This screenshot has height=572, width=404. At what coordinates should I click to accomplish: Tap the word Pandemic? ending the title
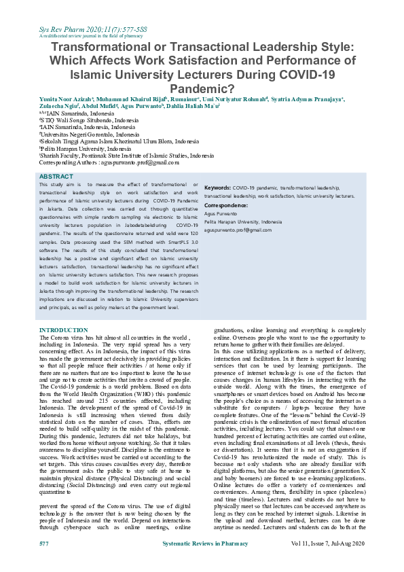coord(202,88)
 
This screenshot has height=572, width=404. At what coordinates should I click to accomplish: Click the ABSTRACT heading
coord(56,177)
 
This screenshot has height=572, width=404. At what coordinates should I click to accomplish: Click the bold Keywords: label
coord(217,187)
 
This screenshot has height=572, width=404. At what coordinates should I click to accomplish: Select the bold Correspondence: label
coord(225,204)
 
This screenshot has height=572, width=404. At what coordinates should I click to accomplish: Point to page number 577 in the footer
coord(43,563)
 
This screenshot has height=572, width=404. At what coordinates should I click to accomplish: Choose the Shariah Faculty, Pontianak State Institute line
coord(126,156)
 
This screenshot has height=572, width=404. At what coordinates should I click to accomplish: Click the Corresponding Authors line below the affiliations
coord(109,163)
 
